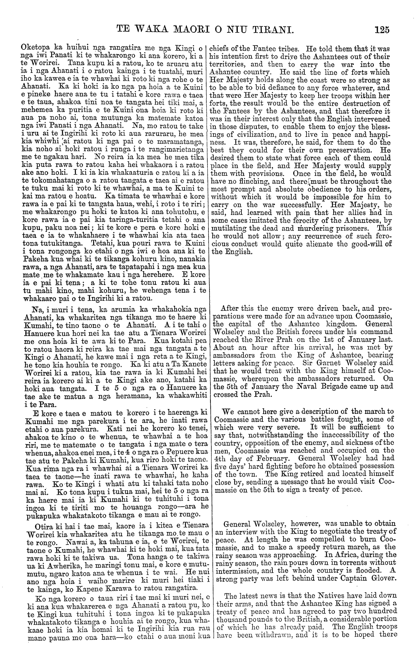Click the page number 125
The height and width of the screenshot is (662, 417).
point(381,30)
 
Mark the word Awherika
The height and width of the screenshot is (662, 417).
point(55,563)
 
